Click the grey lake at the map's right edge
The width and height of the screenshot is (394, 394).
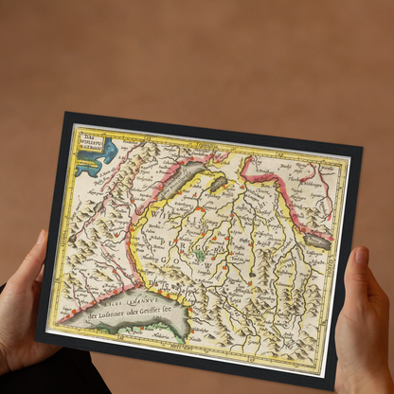pos(319,242)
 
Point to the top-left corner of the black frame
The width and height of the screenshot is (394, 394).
pos(66,115)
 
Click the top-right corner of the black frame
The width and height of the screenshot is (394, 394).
pos(361,147)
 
